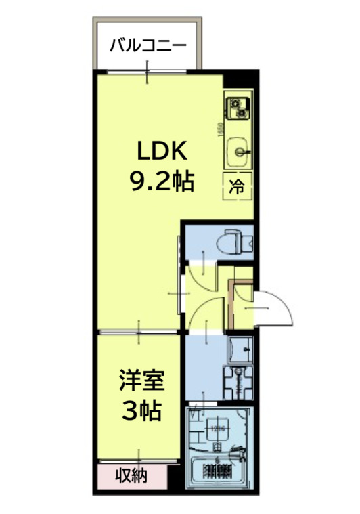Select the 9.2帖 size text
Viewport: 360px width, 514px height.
pyautogui.click(x=162, y=180)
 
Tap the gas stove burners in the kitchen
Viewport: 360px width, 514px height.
pyautogui.click(x=238, y=106)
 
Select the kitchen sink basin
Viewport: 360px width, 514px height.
pyautogui.click(x=238, y=148)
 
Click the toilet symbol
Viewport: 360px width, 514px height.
pyautogui.click(x=235, y=240)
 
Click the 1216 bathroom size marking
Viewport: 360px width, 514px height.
pyautogui.click(x=217, y=428)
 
